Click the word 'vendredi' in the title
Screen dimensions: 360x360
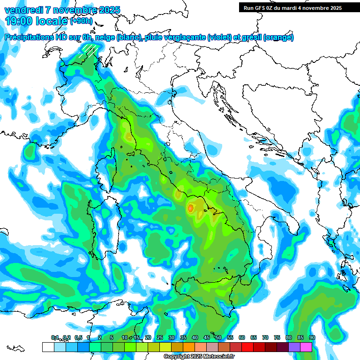click(22, 10)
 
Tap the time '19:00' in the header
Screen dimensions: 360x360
click(22, 21)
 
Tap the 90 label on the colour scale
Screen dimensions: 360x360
click(312, 337)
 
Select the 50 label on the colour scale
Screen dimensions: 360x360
click(218, 337)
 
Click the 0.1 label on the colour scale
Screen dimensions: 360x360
click(55, 337)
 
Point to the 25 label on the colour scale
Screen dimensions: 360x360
click(160, 337)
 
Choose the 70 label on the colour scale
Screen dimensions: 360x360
click(265, 337)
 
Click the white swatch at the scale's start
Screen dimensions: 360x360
click(48, 347)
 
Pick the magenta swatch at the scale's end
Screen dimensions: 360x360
click(306, 347)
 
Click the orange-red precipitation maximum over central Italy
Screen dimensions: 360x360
click(191, 207)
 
